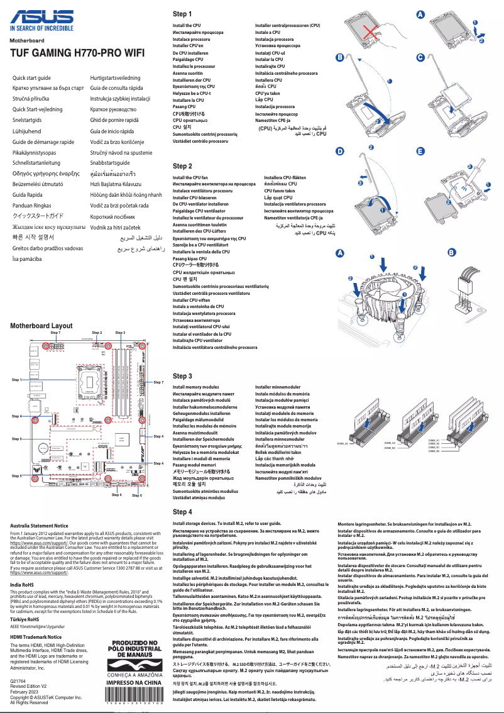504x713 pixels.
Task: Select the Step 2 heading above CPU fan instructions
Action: tap(182, 166)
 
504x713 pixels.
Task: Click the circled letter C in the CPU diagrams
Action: tap(421, 58)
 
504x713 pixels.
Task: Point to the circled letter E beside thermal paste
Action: tap(421, 152)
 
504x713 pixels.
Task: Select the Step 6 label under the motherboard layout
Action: tap(137, 495)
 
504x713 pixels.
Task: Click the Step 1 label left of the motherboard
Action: tap(17, 380)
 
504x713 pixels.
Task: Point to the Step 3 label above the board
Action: tap(120, 332)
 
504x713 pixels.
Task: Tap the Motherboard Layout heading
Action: tap(41, 326)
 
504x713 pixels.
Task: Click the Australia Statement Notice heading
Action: tap(40, 526)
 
